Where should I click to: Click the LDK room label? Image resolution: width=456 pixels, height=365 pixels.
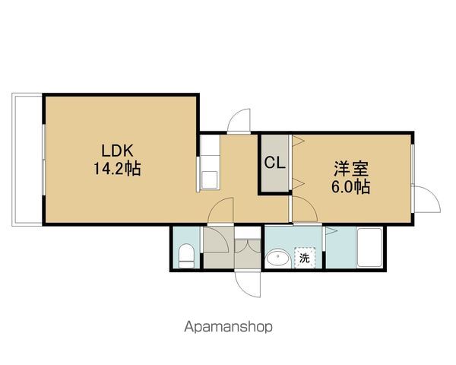tap(117, 151)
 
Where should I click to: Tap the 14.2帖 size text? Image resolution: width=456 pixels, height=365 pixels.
tap(117, 169)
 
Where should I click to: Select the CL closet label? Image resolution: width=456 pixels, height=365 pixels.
tap(274, 163)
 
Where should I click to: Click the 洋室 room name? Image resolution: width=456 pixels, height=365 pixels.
tap(351, 169)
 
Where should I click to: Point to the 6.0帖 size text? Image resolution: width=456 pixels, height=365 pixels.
tap(350, 187)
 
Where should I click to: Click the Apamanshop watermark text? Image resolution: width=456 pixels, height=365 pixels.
tap(228, 327)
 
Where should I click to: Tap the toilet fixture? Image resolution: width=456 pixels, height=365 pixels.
tap(186, 255)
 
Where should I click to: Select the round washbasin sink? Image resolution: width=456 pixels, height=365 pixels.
tap(279, 257)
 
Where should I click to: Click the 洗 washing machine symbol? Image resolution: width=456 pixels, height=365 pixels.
tap(305, 257)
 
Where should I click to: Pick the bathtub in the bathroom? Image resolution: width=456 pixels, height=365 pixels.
tap(369, 247)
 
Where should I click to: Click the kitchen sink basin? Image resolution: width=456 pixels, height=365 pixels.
tap(210, 180)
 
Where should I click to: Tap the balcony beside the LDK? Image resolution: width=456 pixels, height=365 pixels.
tap(27, 160)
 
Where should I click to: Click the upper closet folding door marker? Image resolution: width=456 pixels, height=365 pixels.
tap(298, 141)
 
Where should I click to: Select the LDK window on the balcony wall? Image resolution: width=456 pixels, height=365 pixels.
tap(43, 160)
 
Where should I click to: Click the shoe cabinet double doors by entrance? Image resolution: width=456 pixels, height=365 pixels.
tap(248, 246)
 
